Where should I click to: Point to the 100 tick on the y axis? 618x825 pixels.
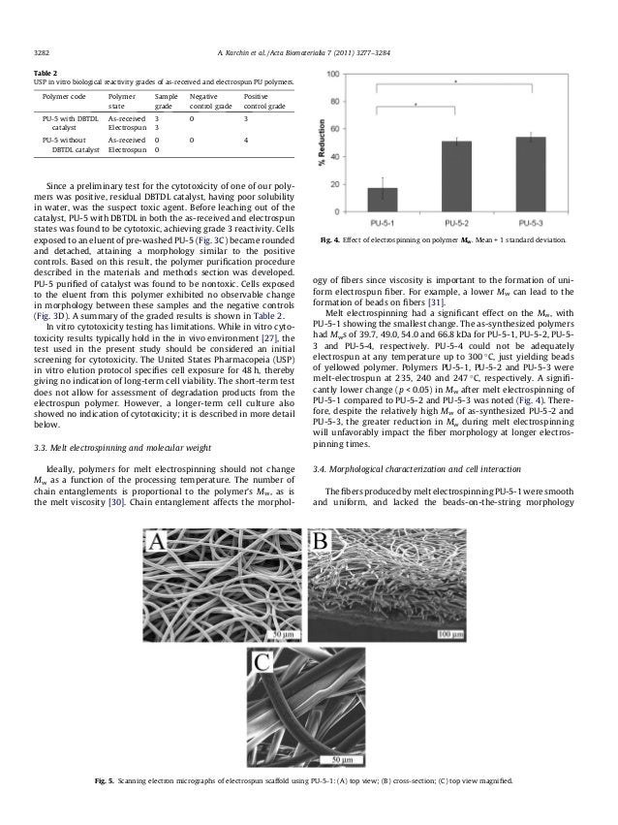[335, 74]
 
